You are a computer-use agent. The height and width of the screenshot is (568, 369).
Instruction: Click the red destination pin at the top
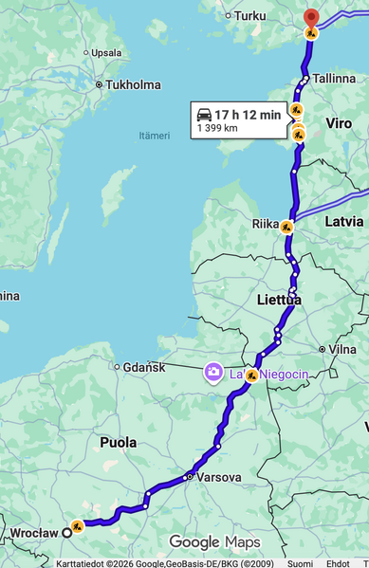pos(311,16)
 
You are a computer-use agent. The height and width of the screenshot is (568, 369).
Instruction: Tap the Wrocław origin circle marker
pos(67,532)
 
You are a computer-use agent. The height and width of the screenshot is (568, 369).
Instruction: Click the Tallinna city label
pos(333,78)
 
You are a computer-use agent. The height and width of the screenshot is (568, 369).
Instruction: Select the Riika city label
pos(265,224)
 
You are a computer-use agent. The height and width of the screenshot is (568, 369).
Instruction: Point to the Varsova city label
pos(219,477)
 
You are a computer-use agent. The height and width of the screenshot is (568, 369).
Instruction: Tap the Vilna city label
pos(342,349)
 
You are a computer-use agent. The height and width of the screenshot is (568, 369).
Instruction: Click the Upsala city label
pos(105,53)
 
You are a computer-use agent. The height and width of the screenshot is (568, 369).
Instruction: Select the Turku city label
pos(250,15)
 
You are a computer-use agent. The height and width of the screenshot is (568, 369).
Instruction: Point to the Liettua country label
pos(279,300)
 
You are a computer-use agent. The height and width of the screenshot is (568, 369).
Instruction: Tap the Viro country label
pos(339,124)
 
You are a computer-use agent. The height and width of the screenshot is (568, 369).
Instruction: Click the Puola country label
pos(119,442)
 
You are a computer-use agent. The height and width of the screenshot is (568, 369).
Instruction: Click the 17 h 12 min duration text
pos(247,115)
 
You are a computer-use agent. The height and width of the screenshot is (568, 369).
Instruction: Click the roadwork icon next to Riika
pos(286,226)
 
